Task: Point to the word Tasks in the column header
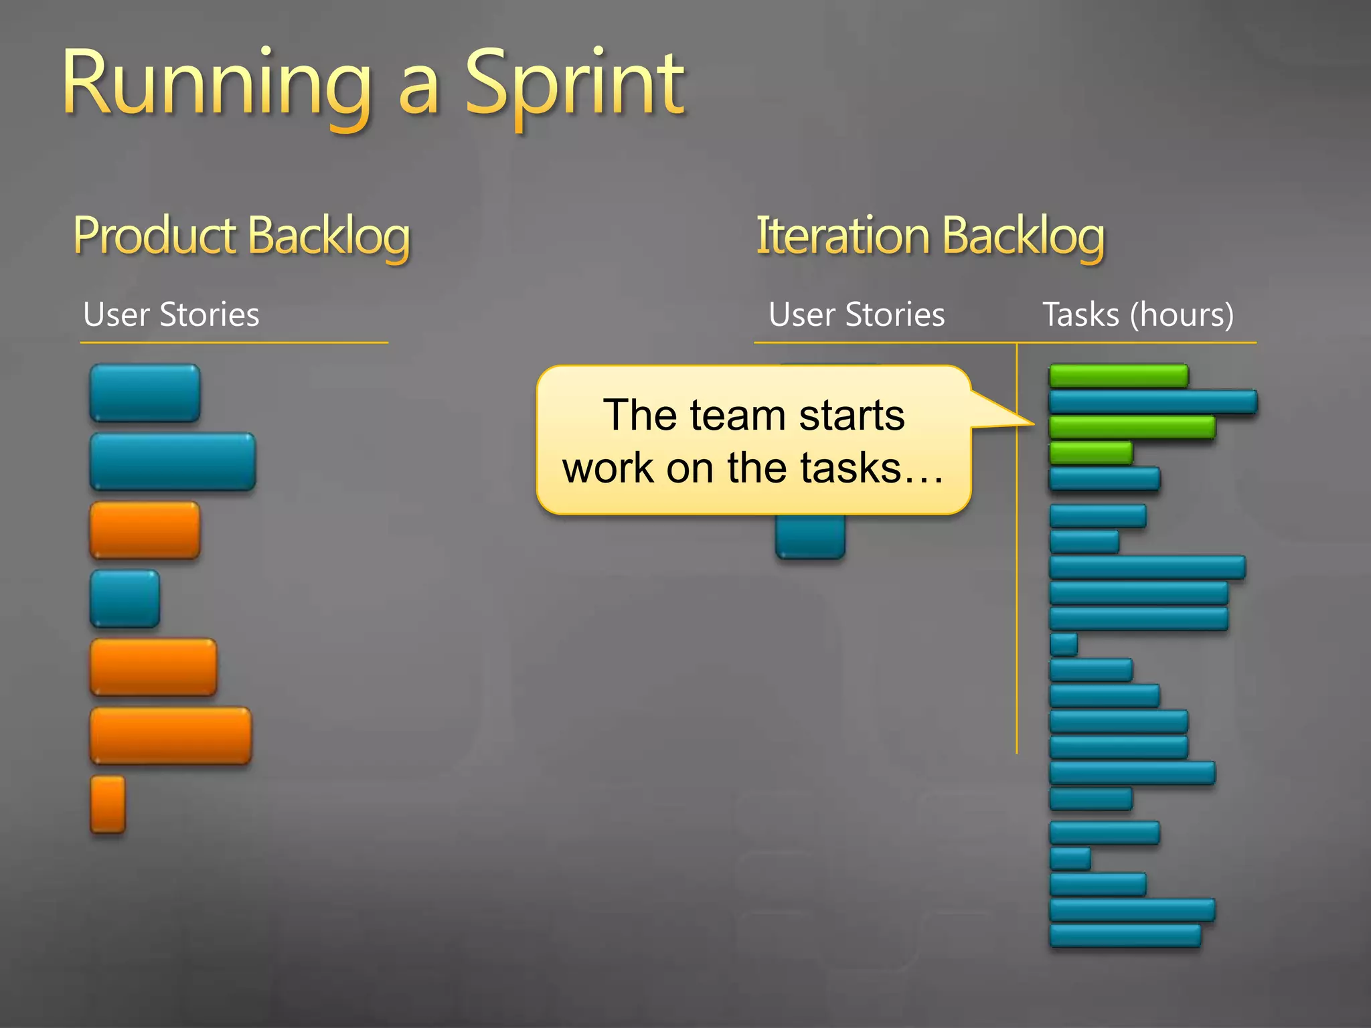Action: pyautogui.click(x=1080, y=315)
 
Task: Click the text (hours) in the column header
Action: pyautogui.click(x=1182, y=315)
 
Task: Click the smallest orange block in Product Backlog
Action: pyautogui.click(x=108, y=804)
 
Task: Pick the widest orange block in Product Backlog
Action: pyautogui.click(x=171, y=736)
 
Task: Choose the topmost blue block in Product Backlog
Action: pyautogui.click(x=145, y=393)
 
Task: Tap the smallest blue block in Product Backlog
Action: pyautogui.click(x=125, y=598)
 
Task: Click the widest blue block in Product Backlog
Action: pyautogui.click(x=173, y=461)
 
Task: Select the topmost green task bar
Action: pyautogui.click(x=1118, y=375)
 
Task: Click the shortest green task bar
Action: pyautogui.click(x=1091, y=453)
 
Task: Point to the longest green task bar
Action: pyautogui.click(x=1131, y=427)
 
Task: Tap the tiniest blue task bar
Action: pyautogui.click(x=1063, y=644)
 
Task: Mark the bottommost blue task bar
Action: pyautogui.click(x=1125, y=936)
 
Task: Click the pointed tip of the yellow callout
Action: pyautogui.click(x=1031, y=423)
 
